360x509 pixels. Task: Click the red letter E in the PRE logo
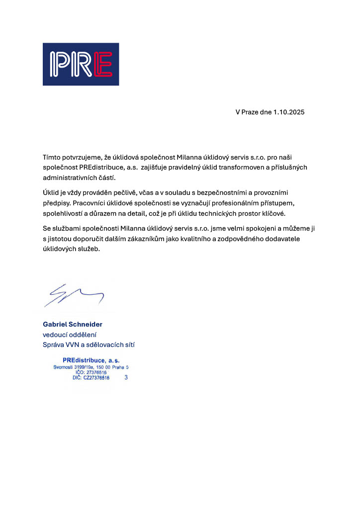tap(102, 65)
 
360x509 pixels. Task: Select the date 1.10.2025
tap(289, 112)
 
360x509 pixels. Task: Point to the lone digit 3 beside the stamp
tap(126, 378)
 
